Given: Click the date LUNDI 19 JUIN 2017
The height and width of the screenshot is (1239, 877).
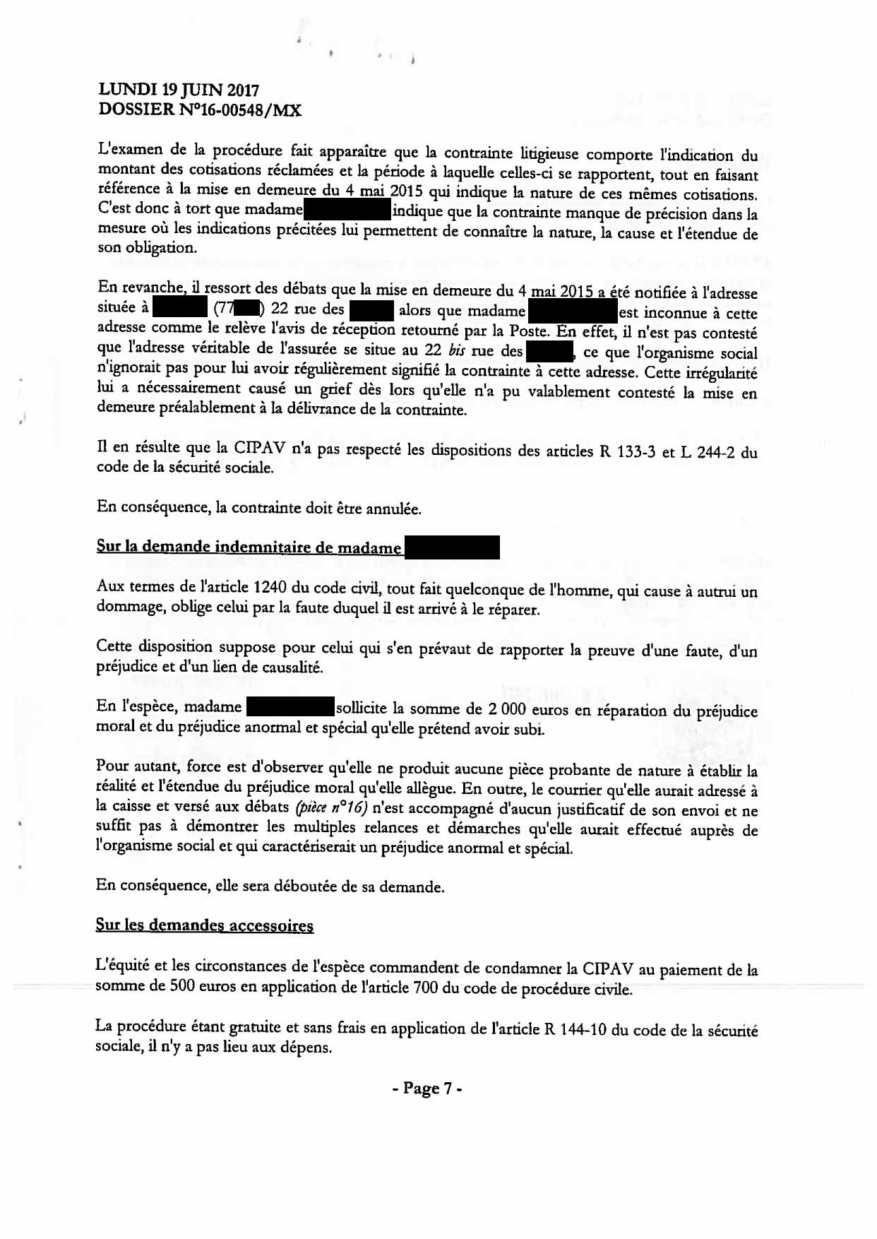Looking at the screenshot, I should tap(179, 90).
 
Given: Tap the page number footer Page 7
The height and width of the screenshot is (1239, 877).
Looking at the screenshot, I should tap(427, 1089).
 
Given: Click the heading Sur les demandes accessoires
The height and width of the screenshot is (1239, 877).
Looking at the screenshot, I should tap(205, 925).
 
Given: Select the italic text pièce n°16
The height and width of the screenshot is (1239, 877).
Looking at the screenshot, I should tap(332, 808).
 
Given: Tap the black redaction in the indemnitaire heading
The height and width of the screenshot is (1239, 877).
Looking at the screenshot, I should tap(452, 547).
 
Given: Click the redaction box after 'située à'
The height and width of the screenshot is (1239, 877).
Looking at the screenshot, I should tap(179, 309).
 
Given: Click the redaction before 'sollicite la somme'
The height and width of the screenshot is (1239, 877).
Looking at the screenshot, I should tap(290, 707).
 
